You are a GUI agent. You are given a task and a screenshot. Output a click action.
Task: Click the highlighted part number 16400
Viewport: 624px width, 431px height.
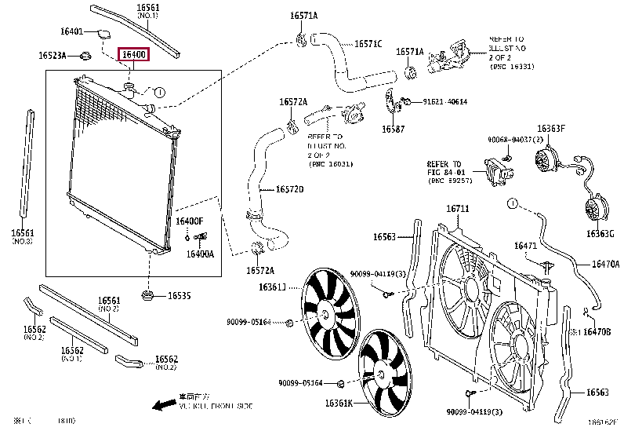132,55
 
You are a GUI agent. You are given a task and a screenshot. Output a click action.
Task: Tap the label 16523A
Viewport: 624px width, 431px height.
53,56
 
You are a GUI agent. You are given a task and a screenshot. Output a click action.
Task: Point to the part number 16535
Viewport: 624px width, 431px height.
180,296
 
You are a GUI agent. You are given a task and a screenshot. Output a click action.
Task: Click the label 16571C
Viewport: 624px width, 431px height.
368,44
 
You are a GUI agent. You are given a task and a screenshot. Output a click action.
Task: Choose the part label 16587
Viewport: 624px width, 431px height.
394,129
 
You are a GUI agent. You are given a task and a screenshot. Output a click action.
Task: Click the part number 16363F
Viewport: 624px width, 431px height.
550,128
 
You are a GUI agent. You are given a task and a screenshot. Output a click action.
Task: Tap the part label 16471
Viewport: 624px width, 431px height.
525,246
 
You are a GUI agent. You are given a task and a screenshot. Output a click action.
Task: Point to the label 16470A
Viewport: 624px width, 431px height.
604,265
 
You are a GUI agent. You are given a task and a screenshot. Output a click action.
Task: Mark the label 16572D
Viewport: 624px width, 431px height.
289,189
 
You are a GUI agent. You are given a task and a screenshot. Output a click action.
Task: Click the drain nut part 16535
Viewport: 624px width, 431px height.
147,295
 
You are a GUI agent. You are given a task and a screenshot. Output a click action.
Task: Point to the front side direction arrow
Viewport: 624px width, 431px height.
164,405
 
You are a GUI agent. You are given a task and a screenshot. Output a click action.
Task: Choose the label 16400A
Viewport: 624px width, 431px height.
200,254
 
